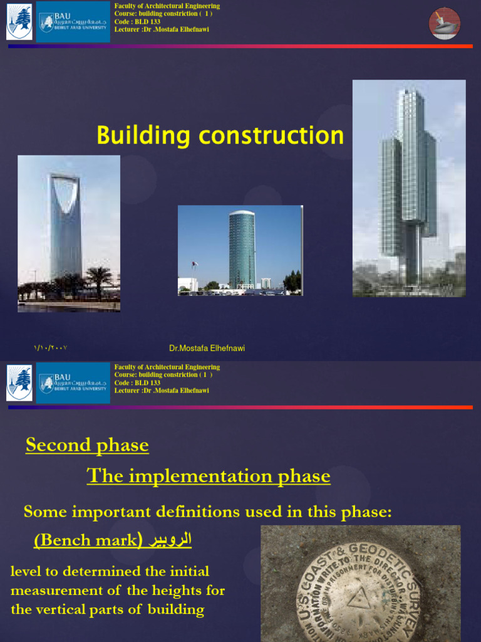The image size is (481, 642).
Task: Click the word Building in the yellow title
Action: click(x=135, y=135)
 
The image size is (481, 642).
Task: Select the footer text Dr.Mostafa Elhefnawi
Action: click(x=211, y=348)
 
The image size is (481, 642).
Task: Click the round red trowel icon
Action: click(x=445, y=24)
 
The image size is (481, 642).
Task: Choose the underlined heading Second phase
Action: click(x=87, y=445)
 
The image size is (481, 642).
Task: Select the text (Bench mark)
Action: click(x=88, y=540)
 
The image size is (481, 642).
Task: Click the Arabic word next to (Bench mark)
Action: click(x=169, y=540)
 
